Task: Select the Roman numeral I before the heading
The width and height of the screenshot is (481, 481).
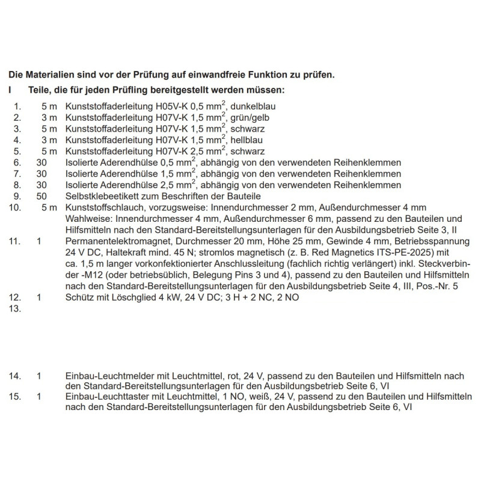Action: tap(10, 90)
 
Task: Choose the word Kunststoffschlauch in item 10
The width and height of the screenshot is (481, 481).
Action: tap(104, 207)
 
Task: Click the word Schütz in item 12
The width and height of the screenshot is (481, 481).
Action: tap(78, 298)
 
